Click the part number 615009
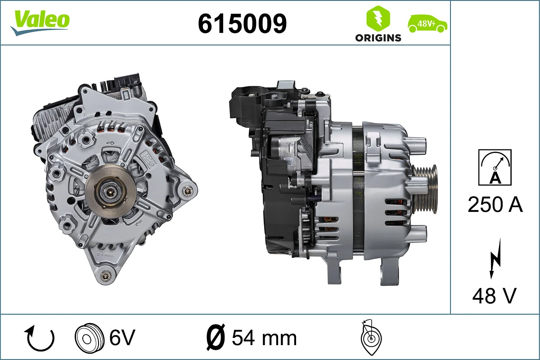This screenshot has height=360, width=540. click(242, 23)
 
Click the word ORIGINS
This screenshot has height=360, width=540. click(378, 38)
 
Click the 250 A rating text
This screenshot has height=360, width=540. click(495, 205)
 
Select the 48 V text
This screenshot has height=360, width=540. click(494, 296)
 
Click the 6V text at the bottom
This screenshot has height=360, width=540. click(122, 337)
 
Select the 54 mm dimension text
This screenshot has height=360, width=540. click(264, 337)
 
